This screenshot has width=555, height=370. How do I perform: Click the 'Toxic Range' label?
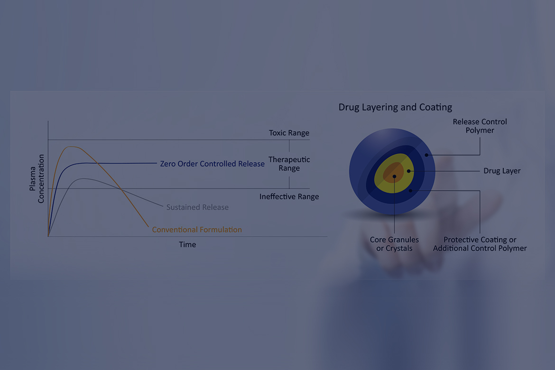[x=289, y=133]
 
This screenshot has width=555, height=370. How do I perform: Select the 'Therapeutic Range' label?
[x=289, y=164]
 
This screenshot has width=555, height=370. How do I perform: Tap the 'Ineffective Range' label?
[x=289, y=196]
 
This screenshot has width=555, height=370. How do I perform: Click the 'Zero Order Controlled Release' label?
[x=212, y=164]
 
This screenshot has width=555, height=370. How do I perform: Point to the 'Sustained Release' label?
[x=197, y=207]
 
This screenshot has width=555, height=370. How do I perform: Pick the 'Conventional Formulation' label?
[x=197, y=230]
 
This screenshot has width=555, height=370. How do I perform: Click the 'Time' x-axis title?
[x=187, y=244]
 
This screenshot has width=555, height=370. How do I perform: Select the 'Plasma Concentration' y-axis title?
[x=37, y=178]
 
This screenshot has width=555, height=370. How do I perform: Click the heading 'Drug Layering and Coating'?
[x=395, y=107]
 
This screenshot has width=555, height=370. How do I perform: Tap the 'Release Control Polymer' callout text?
[x=480, y=126]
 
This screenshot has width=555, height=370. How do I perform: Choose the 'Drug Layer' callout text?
[x=502, y=171]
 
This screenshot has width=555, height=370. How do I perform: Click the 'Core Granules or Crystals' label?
[x=394, y=244]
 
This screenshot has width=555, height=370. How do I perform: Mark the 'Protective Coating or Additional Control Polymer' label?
[x=480, y=244]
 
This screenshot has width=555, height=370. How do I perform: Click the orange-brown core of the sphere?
[x=394, y=173]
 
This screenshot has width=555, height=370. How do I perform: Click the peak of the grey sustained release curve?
[x=83, y=178]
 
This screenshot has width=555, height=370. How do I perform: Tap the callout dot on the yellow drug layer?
[x=408, y=171]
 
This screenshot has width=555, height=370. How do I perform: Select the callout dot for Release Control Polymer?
[x=426, y=155]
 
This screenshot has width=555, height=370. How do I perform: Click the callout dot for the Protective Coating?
[x=411, y=191]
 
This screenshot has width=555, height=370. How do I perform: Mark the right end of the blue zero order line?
[x=157, y=163]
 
